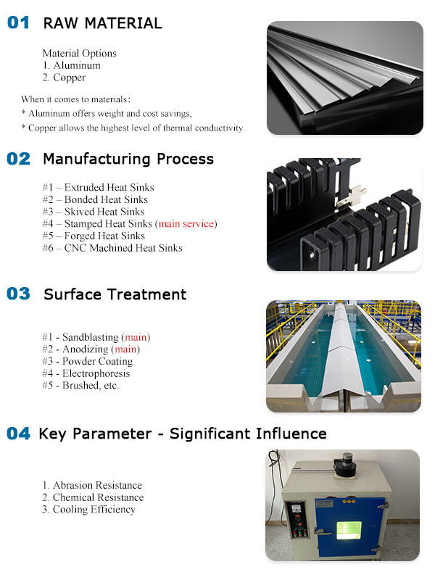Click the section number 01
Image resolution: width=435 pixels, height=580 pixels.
coord(19,22)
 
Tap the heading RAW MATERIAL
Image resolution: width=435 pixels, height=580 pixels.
coord(102,23)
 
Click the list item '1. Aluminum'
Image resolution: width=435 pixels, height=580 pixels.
coord(71,65)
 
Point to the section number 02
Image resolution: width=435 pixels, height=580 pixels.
coord(19,159)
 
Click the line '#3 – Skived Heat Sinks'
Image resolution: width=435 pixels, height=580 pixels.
coord(94,212)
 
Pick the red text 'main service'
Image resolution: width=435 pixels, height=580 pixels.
coord(186,224)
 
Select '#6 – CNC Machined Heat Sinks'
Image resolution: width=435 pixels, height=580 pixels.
coord(112,248)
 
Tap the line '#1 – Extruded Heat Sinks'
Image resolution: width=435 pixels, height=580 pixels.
coord(98,188)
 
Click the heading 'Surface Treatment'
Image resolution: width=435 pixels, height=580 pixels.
coord(115,294)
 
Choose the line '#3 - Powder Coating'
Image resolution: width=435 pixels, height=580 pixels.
coord(87,361)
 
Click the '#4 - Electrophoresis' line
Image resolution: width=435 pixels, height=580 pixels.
coord(86,373)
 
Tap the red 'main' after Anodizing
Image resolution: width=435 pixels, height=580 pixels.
coord(128,349)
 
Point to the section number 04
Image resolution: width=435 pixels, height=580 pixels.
coord(19,434)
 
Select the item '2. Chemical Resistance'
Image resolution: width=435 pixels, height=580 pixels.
coord(93,497)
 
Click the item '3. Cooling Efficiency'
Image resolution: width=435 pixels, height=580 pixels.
coord(88,510)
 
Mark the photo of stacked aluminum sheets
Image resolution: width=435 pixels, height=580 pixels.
coord(344,78)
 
